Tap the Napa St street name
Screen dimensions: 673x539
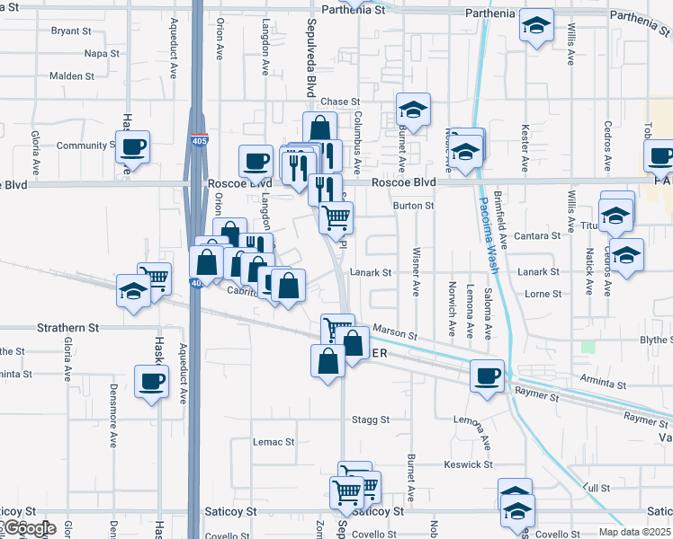(x=102, y=54)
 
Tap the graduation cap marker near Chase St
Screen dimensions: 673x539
(x=413, y=110)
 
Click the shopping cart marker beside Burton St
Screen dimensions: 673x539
(x=336, y=216)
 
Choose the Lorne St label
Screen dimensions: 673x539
(x=543, y=294)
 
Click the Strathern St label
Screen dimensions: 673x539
(x=68, y=329)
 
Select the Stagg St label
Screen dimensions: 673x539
(x=370, y=420)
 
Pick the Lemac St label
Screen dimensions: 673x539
(x=274, y=442)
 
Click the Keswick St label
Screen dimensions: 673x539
(x=470, y=464)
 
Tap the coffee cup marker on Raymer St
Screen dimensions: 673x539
(x=487, y=375)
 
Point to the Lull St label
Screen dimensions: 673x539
(x=590, y=486)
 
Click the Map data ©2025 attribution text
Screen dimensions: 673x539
(x=635, y=532)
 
